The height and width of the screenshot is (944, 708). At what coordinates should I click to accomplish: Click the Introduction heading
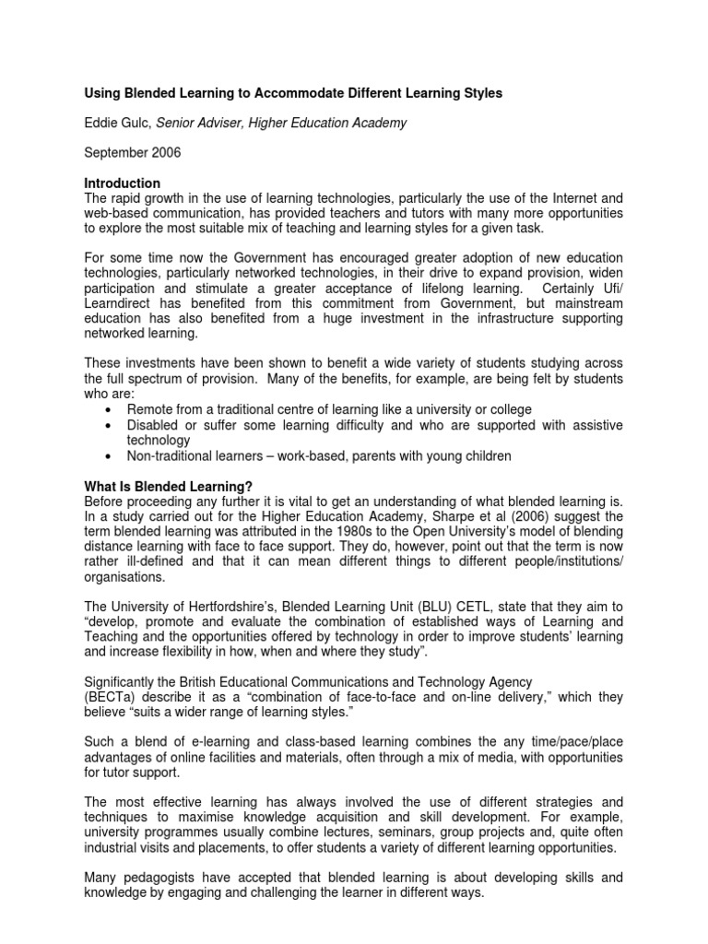tap(123, 183)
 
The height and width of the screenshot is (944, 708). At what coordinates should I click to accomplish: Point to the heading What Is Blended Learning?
tap(168, 486)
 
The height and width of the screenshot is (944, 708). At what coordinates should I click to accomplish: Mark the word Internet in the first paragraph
tap(572, 197)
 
